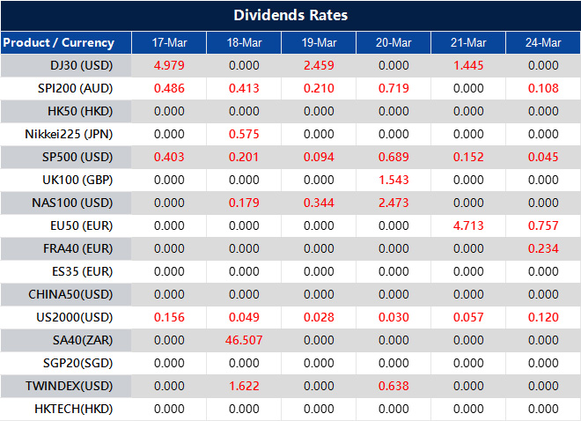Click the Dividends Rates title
click(x=290, y=15)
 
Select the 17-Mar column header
click(x=168, y=42)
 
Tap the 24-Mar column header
click(x=542, y=42)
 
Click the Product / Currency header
click(x=58, y=42)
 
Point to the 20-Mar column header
click(x=393, y=42)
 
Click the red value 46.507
click(x=244, y=340)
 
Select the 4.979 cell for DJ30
click(x=168, y=65)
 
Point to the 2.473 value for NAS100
click(x=393, y=203)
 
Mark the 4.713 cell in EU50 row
click(x=467, y=225)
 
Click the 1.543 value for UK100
click(x=393, y=180)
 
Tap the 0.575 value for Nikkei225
click(x=244, y=134)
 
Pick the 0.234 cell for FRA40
click(x=542, y=248)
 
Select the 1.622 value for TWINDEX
click(x=244, y=386)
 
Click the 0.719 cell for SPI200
click(x=393, y=88)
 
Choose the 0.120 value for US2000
click(x=542, y=317)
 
